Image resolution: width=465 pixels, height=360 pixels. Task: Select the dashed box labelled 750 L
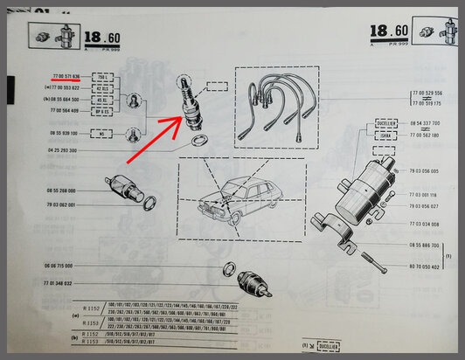click(102, 77)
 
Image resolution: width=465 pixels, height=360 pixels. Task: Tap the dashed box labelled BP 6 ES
click(102, 111)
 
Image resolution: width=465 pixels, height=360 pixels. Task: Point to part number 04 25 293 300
click(60, 150)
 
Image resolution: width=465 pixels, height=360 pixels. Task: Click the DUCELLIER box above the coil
click(385, 124)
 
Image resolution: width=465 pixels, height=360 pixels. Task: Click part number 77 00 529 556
click(427, 93)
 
